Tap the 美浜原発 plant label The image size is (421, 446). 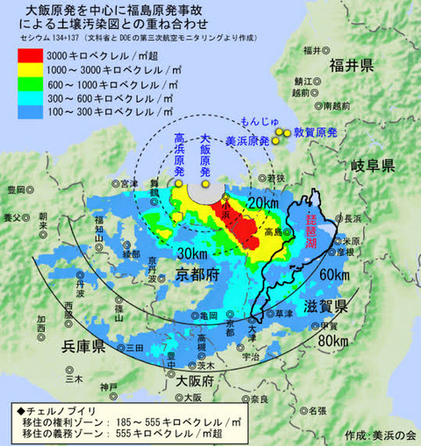tap(250, 138)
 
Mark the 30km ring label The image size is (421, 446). tap(192, 253)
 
